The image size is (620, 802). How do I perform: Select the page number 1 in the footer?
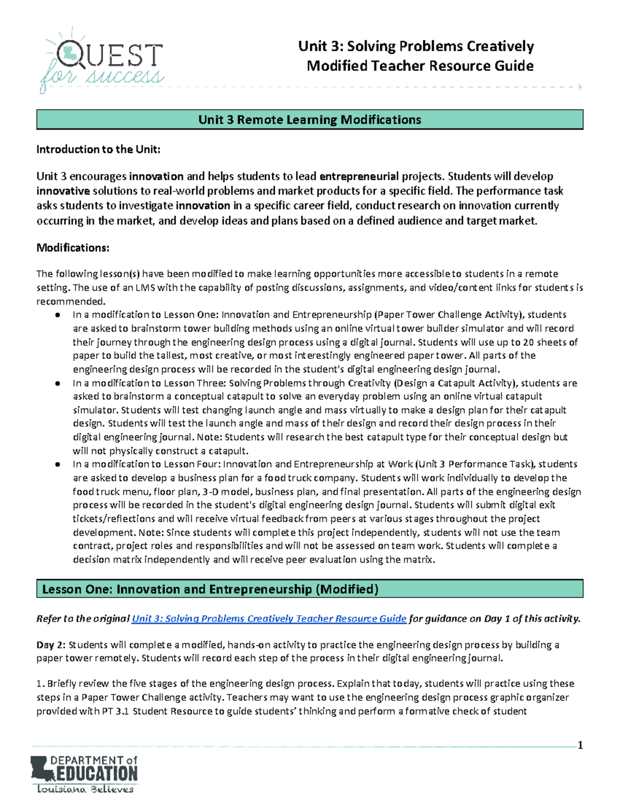coord(580,745)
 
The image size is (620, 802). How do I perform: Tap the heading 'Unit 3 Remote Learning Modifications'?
coord(309,120)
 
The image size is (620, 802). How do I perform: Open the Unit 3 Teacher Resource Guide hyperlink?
coord(269,619)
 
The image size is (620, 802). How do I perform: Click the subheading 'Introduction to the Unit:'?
coord(98,150)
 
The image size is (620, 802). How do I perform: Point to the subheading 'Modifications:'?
coord(73,248)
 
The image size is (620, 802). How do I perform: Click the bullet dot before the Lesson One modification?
coord(58,315)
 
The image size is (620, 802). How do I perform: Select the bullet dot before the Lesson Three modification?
coord(58,383)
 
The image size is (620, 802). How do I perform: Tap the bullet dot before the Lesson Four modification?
coord(58,464)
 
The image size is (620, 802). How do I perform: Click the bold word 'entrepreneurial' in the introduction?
coord(359,177)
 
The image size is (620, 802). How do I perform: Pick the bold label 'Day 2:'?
coord(51,645)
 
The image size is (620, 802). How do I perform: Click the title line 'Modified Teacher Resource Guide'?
coord(420,66)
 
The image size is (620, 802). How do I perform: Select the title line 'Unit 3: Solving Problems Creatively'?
coord(416,46)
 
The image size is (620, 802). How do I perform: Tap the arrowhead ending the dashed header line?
coord(580,87)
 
